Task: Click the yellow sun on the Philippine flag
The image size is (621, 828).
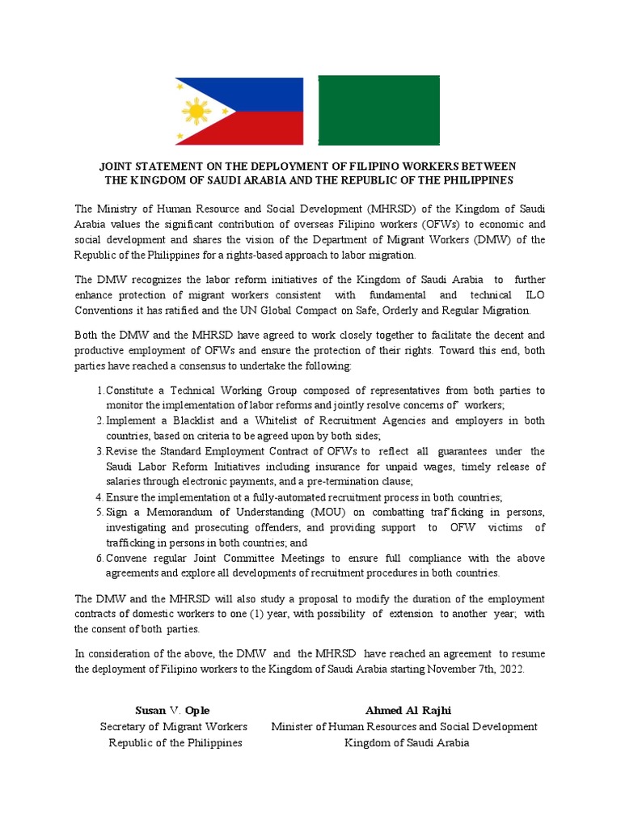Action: pos(196,110)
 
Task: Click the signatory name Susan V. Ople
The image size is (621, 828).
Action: pos(172,711)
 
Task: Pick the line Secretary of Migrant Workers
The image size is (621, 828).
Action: pos(173,727)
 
